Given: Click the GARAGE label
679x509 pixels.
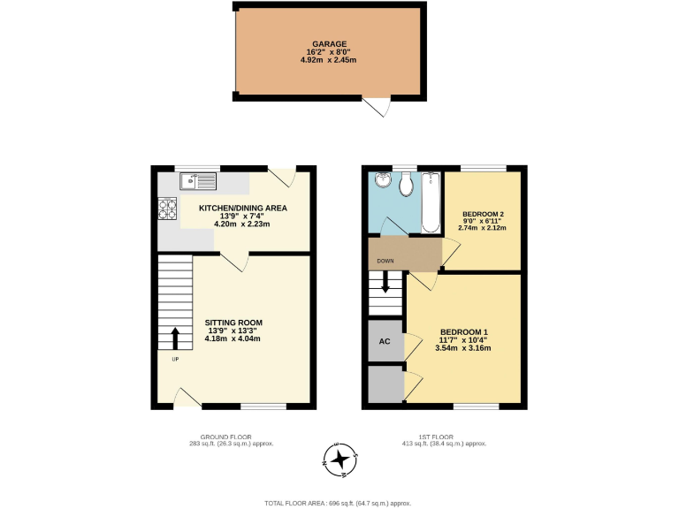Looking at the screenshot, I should (x=329, y=43).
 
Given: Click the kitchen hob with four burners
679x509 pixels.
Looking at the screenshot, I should (x=167, y=210).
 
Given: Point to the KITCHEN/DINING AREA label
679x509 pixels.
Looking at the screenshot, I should (x=242, y=209).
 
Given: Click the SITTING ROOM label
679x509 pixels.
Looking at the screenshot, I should (x=233, y=323).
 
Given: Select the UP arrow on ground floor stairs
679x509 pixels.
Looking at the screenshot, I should (x=174, y=338).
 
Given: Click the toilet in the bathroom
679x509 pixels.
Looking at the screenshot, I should (x=406, y=185).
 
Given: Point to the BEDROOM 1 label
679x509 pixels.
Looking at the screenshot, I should (x=463, y=332).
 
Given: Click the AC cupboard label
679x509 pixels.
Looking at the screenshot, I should (x=385, y=341).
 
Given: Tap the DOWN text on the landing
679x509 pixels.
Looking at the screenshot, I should (x=385, y=262).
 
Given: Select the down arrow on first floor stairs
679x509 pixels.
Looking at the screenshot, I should (x=385, y=283).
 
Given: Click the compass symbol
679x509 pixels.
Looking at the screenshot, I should (x=339, y=457).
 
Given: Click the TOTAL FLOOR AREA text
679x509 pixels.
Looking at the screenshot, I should (x=339, y=502).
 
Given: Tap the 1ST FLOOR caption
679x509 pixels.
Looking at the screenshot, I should (x=439, y=437).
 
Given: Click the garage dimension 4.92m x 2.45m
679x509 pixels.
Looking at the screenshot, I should (x=329, y=60).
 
